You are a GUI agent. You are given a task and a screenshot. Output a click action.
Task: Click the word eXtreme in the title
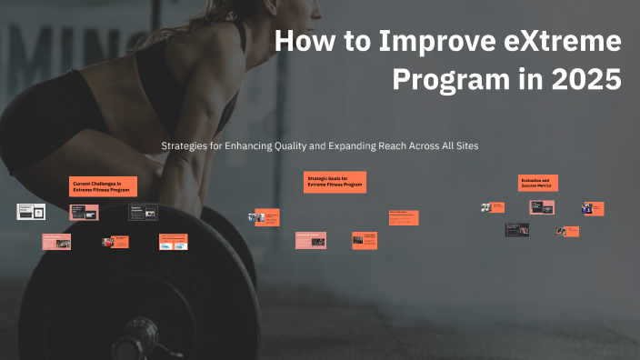click(x=563, y=42)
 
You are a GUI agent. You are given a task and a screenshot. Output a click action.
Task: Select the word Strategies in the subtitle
click(x=183, y=145)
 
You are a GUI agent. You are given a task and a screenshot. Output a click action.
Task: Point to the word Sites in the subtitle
click(x=465, y=145)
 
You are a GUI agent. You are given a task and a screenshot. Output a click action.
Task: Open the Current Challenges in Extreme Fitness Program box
click(x=104, y=186)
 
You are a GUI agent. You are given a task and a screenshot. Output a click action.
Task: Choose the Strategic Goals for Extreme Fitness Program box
click(x=335, y=182)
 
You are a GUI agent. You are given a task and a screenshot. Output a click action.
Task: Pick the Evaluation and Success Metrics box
click(x=537, y=183)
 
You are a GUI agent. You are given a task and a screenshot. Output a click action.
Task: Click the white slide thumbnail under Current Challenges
click(x=31, y=211)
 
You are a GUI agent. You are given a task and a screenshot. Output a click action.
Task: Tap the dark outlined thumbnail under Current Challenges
click(x=143, y=213)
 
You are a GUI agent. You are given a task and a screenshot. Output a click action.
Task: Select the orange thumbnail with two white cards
click(x=173, y=242)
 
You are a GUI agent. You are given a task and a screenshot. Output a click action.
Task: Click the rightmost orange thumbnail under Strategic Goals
click(x=404, y=217)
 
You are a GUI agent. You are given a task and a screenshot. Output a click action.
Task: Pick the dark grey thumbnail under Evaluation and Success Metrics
click(x=517, y=230)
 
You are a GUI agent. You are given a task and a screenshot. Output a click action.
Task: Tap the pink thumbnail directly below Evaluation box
click(x=542, y=207)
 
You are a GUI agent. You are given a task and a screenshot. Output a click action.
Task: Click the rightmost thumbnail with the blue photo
click(x=594, y=208)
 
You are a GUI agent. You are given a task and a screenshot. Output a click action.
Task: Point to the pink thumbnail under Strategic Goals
click(x=310, y=240)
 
